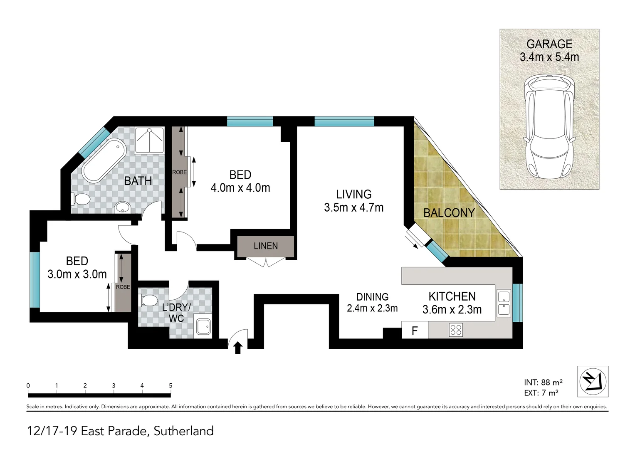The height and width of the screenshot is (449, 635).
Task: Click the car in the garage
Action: (x=549, y=127)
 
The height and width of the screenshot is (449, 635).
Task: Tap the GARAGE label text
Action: (x=549, y=44)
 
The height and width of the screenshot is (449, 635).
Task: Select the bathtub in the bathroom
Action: (x=104, y=161)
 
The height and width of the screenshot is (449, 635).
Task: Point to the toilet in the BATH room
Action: (x=81, y=199)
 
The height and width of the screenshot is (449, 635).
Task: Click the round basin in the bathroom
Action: (x=122, y=207)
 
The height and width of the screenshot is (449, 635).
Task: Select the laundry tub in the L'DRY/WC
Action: (x=204, y=327)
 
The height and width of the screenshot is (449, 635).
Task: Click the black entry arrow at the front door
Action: (x=238, y=348)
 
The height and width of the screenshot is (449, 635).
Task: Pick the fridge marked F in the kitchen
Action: (x=415, y=331)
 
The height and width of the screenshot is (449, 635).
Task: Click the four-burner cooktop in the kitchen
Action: (x=456, y=330)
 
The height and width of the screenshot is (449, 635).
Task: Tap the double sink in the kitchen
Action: (x=504, y=303)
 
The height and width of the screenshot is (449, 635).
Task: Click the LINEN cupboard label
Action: (x=266, y=246)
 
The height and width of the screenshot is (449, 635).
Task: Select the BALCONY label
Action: (x=449, y=213)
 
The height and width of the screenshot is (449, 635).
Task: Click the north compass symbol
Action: (x=593, y=381)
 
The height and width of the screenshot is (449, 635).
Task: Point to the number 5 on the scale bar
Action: (x=170, y=385)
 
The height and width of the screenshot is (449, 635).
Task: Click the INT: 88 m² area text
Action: (x=543, y=382)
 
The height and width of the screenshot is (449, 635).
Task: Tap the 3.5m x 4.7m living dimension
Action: (x=353, y=207)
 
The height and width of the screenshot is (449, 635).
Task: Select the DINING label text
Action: (x=372, y=297)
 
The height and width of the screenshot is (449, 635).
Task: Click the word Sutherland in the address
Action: (x=183, y=431)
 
